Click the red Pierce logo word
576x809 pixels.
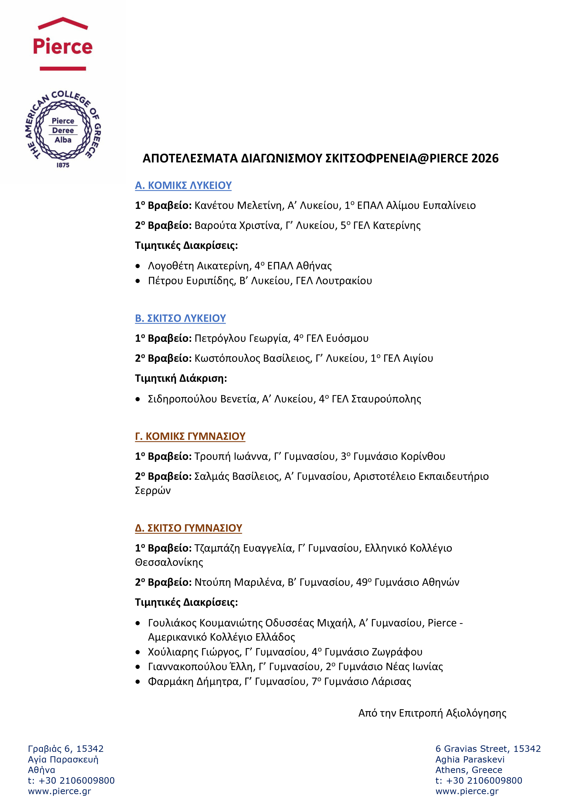[63, 46]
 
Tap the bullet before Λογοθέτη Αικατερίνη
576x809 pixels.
[138, 266]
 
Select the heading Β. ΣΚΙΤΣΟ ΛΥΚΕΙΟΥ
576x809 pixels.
[180, 318]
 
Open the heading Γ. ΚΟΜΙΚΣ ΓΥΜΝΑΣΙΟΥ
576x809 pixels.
[190, 436]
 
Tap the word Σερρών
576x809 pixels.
[153, 491]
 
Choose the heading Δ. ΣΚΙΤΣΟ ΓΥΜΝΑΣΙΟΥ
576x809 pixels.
[188, 528]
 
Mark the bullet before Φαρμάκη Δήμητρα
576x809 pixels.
[138, 682]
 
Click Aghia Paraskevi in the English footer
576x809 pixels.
[470, 759]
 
